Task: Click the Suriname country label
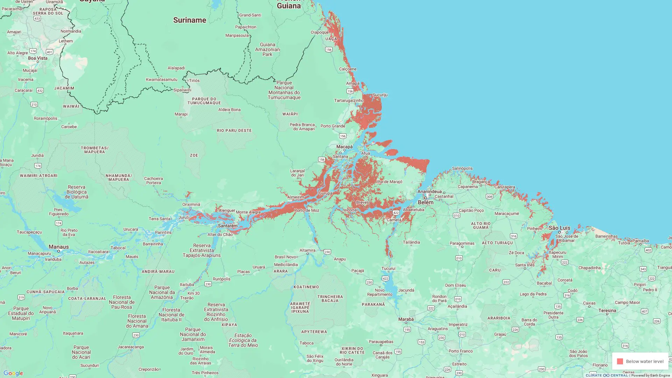click(x=189, y=20)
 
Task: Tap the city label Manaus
click(x=58, y=247)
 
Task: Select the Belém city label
click(x=426, y=202)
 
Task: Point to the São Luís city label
click(x=559, y=228)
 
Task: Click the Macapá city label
click(x=344, y=147)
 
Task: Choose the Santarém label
click(x=227, y=226)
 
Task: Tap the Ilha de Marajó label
click(x=389, y=182)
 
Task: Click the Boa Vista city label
click(x=37, y=58)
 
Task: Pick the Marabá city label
click(x=406, y=319)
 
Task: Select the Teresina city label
click(x=607, y=310)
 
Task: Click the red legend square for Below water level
click(x=620, y=361)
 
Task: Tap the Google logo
click(x=13, y=373)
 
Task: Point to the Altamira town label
click(x=307, y=250)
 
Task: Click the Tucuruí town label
click(x=388, y=268)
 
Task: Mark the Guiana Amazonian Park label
click(x=267, y=49)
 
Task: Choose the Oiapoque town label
click(x=320, y=32)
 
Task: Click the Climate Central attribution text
click(x=607, y=375)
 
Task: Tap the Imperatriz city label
click(x=458, y=324)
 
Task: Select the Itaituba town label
click(x=187, y=285)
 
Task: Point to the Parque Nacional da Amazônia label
click(x=162, y=292)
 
